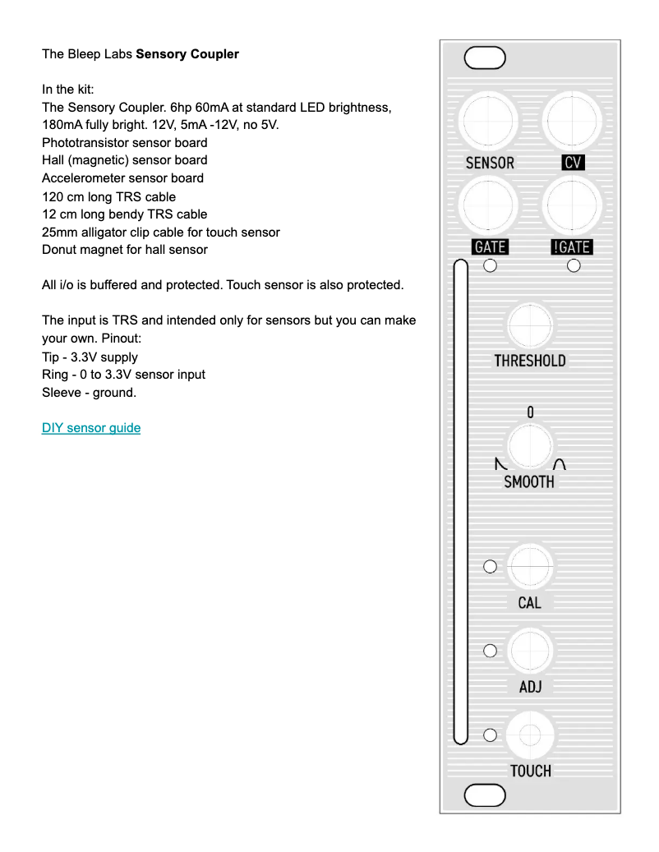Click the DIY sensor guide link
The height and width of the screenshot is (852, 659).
point(91,428)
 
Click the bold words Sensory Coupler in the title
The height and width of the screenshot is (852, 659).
point(187,54)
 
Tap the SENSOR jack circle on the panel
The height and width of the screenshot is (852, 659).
point(489,121)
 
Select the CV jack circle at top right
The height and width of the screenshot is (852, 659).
point(573,121)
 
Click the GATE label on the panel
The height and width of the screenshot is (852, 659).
point(490,246)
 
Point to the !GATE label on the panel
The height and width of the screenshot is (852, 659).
point(572,246)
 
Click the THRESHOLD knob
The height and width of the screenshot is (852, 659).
point(530,325)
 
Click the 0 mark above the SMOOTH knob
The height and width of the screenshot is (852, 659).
point(530,412)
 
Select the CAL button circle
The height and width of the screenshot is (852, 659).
point(530,566)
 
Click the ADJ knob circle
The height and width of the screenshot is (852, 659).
point(530,651)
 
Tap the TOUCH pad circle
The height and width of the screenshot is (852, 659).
point(530,735)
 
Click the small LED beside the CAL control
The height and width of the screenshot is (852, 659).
point(491,566)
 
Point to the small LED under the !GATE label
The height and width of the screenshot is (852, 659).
point(574,265)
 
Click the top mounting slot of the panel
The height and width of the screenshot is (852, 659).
point(485,58)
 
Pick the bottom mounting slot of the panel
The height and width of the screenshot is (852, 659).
point(485,795)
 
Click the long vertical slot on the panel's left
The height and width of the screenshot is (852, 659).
point(461,501)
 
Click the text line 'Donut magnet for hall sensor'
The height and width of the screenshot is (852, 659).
point(125,250)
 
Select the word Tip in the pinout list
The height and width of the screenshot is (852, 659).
point(51,357)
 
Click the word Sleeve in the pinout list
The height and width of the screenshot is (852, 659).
point(62,393)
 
